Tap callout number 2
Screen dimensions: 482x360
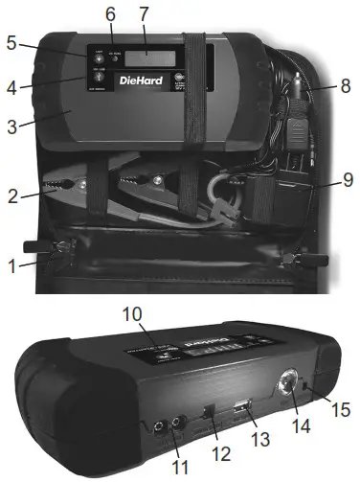pos(12,197)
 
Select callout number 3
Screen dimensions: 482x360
pos(12,125)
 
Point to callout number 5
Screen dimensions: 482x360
pos(12,43)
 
